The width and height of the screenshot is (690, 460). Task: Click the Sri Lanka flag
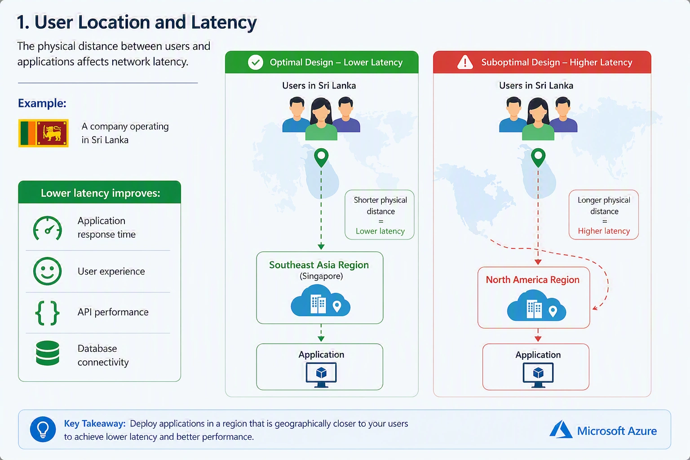(x=44, y=133)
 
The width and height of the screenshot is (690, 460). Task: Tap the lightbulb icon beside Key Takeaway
(x=43, y=429)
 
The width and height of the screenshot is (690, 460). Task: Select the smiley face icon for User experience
(x=47, y=271)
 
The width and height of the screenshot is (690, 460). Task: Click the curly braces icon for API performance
(x=47, y=313)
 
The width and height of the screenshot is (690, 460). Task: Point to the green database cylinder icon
(x=48, y=353)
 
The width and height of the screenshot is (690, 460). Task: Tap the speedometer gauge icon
(x=47, y=228)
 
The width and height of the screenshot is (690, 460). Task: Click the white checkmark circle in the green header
(x=255, y=62)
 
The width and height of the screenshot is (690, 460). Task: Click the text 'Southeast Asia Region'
(x=319, y=265)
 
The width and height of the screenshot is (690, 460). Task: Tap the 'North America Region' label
(x=533, y=279)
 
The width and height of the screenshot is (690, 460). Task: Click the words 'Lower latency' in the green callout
(x=380, y=231)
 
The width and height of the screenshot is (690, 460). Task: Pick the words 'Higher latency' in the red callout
(x=604, y=231)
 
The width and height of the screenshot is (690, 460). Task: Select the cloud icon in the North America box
(x=536, y=305)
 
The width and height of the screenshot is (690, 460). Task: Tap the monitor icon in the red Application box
(x=538, y=375)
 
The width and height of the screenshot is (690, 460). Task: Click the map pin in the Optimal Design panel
(x=321, y=158)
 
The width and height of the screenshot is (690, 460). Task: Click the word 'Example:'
(x=42, y=103)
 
